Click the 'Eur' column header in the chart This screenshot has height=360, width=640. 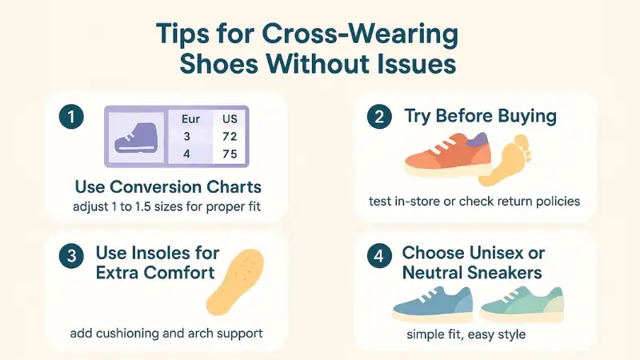[x=190, y=119]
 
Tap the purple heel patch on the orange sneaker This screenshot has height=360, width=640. [x=478, y=142]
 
